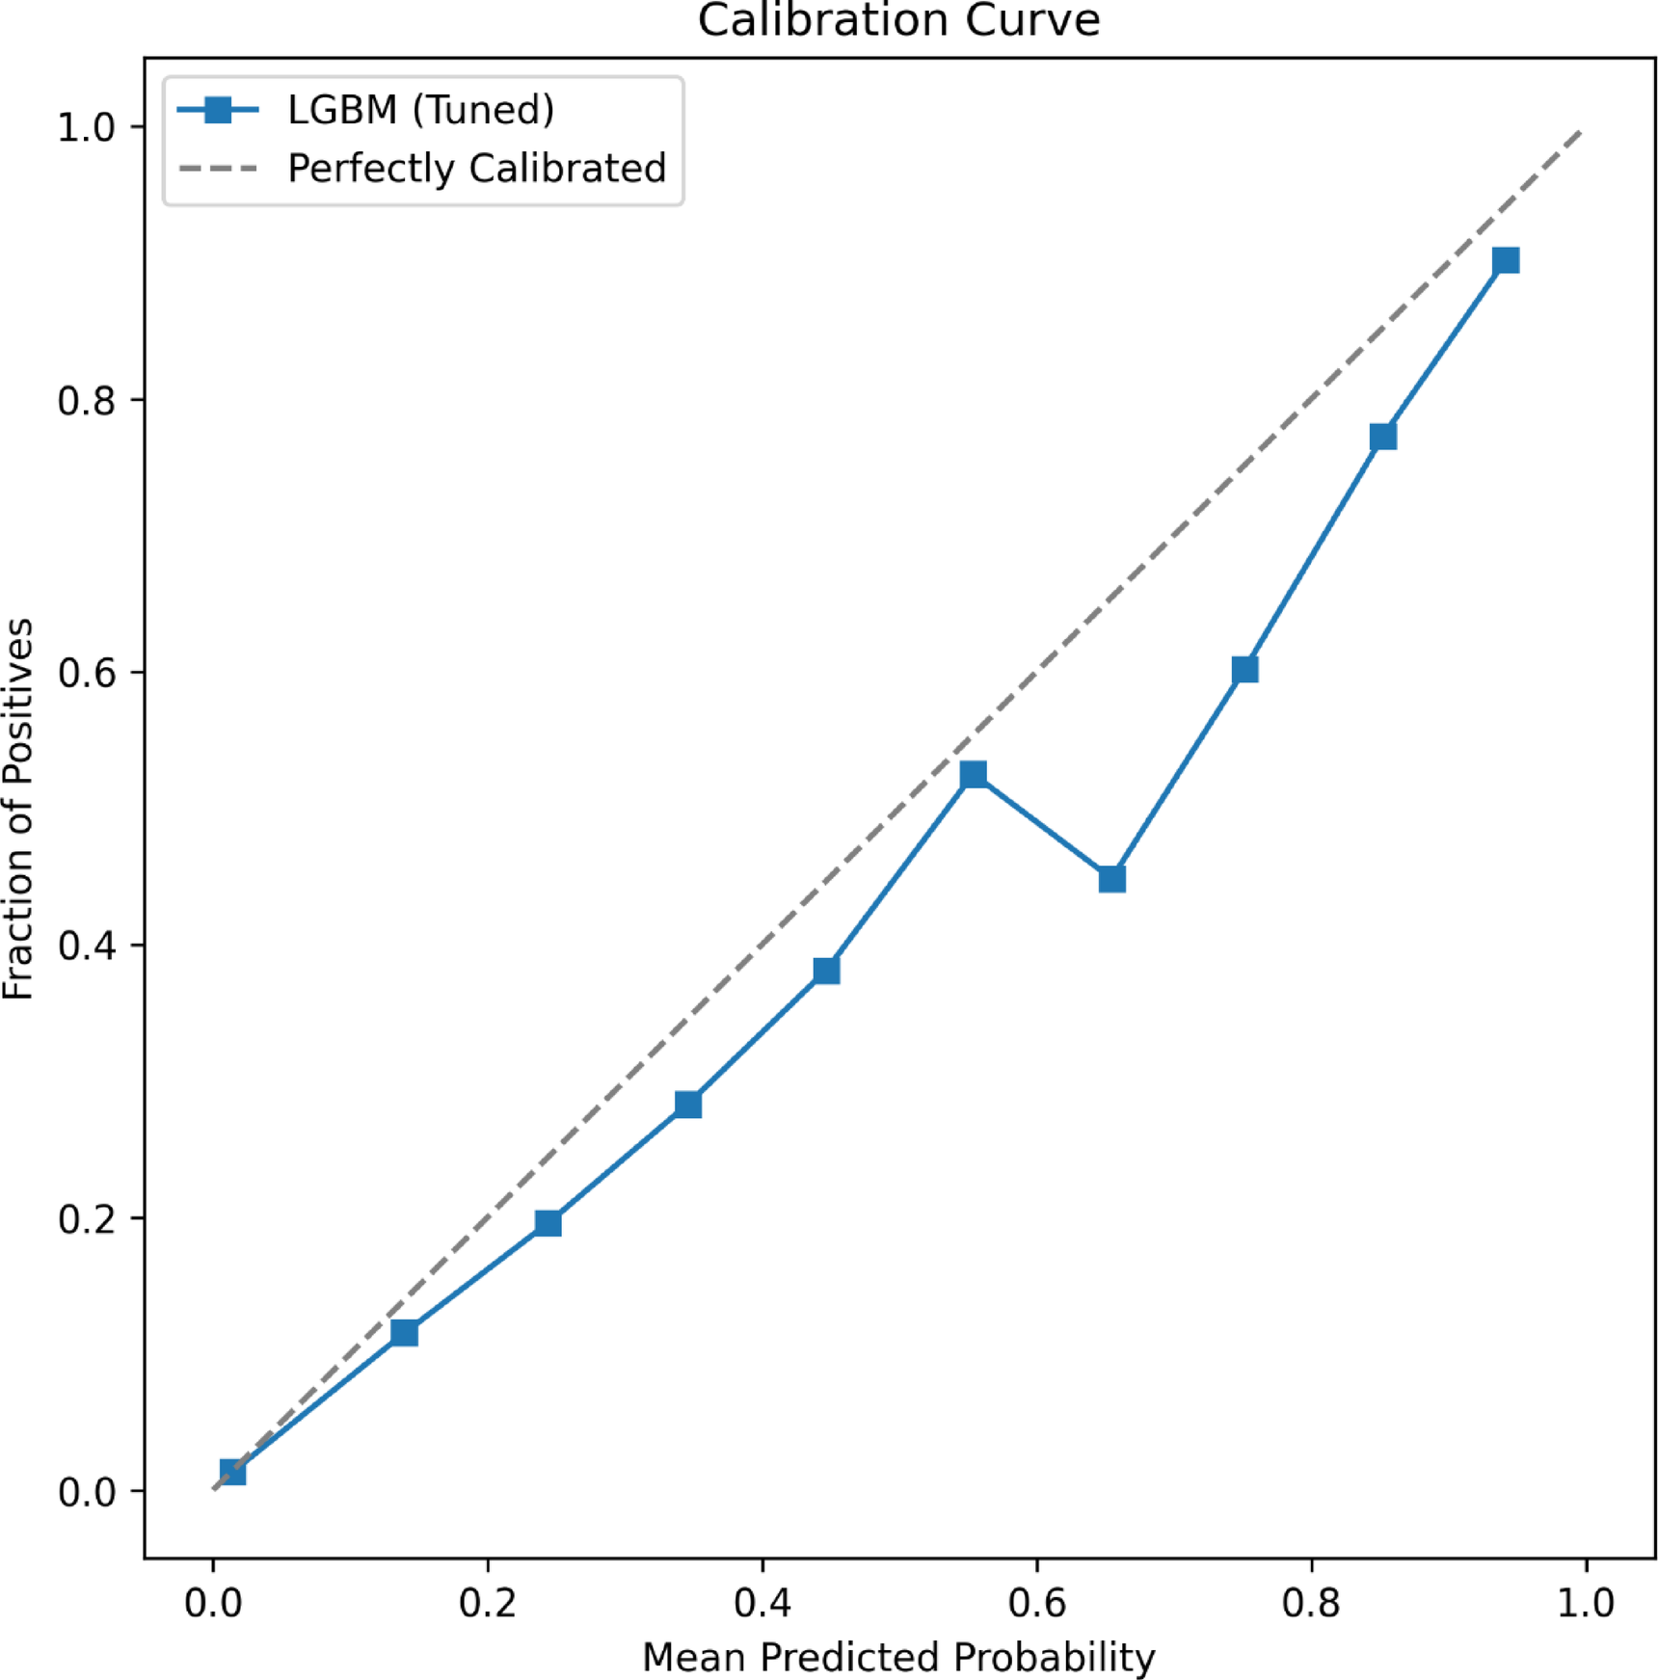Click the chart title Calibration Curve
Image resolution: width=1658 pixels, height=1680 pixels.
click(898, 21)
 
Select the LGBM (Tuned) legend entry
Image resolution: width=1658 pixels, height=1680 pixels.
click(420, 110)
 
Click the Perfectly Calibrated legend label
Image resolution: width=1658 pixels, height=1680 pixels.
click(476, 169)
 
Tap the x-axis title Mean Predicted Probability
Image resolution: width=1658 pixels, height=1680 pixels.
click(898, 1657)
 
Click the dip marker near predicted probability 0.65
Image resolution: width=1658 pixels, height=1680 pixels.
click(1111, 878)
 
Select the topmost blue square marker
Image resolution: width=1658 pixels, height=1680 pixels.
click(1505, 260)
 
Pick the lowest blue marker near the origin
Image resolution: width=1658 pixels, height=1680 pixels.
click(232, 1472)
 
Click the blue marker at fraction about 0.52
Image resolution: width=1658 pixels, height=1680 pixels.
click(974, 774)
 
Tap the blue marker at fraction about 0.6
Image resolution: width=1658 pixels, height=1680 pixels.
click(1244, 669)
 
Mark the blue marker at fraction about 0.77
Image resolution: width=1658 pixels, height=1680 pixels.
click(1382, 437)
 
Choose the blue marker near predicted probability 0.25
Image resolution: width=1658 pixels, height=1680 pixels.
click(548, 1223)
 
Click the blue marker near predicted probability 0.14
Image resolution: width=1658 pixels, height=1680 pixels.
click(404, 1333)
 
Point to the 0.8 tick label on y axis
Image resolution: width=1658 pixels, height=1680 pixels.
click(86, 400)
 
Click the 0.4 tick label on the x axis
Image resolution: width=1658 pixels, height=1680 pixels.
click(762, 1603)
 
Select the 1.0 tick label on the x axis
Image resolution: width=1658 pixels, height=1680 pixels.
click(1586, 1603)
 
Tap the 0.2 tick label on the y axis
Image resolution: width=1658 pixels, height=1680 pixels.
click(86, 1219)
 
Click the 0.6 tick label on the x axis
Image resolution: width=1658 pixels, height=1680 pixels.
click(1037, 1603)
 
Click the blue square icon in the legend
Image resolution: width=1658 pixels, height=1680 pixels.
click(219, 110)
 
